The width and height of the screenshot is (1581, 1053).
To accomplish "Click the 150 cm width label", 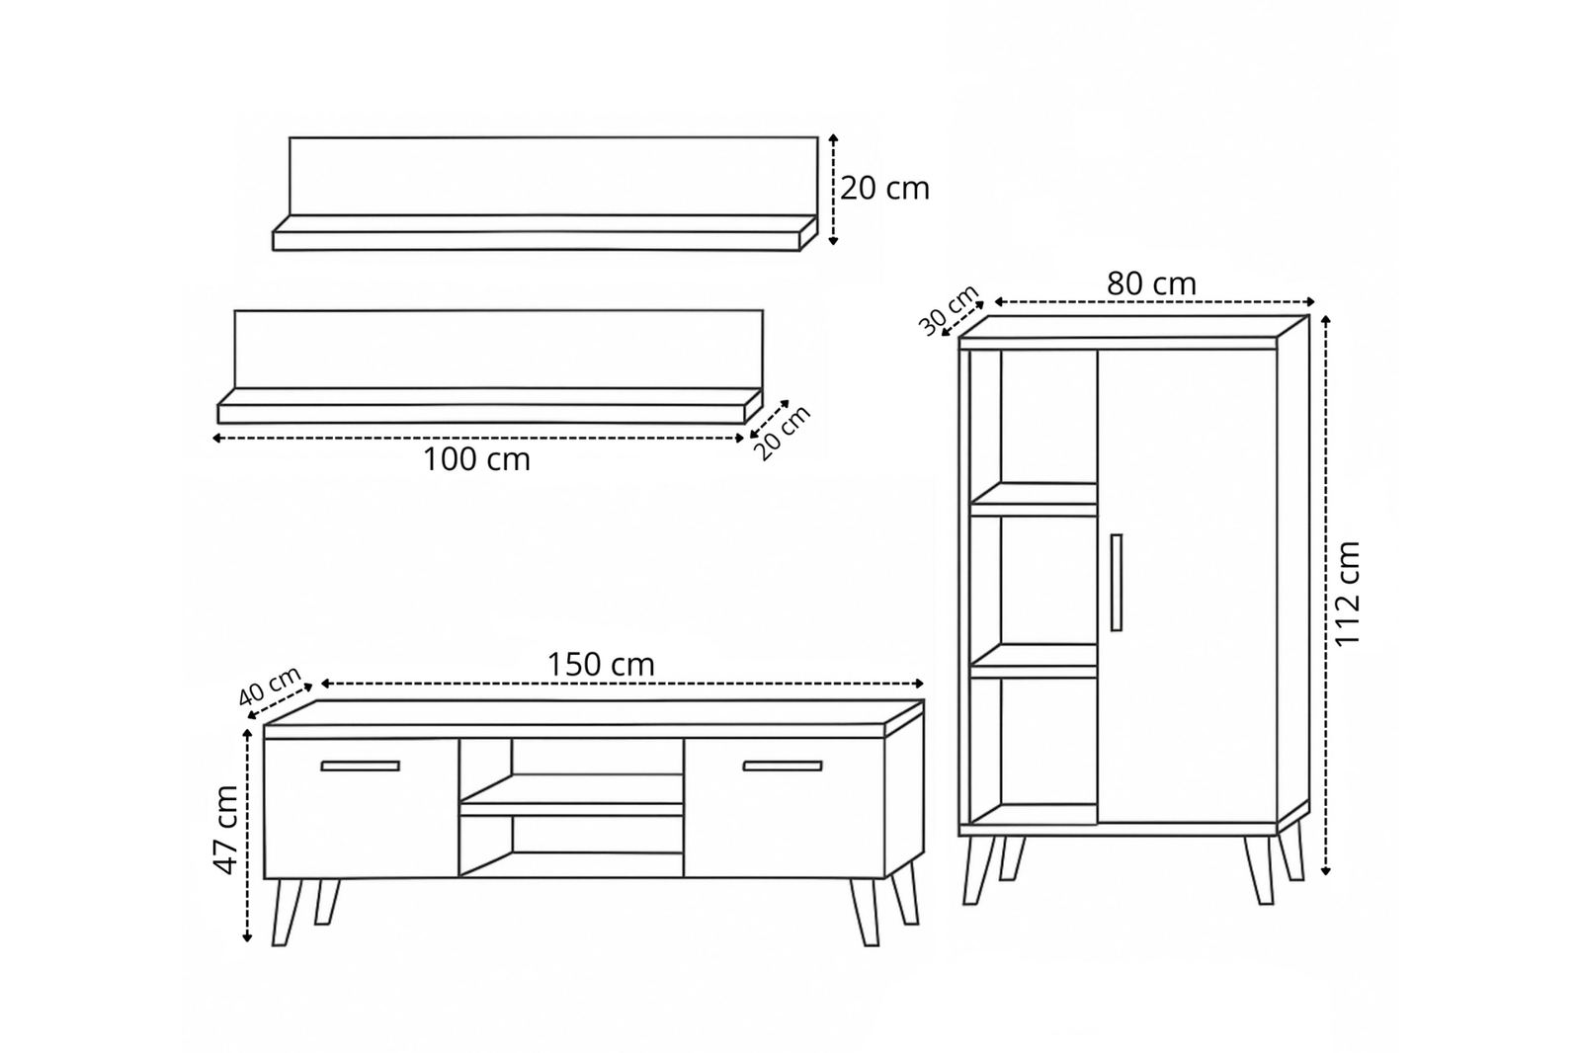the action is click(602, 665).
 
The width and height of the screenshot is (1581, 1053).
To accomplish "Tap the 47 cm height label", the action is click(226, 829).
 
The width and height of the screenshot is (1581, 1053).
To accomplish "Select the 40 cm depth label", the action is click(270, 686).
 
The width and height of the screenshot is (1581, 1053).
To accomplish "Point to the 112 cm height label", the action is click(1347, 593).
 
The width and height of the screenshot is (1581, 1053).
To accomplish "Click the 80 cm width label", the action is click(1151, 283).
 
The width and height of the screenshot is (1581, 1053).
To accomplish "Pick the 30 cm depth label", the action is click(950, 310).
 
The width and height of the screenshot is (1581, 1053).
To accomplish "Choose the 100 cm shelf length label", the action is click(476, 459).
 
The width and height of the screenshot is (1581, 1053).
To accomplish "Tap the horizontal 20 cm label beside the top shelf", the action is click(884, 189).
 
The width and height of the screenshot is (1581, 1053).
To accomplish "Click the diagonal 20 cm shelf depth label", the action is click(784, 434).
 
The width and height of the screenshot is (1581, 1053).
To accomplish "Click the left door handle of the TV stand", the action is click(360, 766).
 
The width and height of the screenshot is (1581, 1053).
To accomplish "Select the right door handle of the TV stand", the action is click(782, 766).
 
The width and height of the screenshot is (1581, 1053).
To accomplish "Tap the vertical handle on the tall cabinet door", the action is click(1116, 582).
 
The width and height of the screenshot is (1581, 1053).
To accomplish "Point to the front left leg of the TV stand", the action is click(287, 912).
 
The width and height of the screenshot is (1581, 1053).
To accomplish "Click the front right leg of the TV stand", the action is click(865, 912).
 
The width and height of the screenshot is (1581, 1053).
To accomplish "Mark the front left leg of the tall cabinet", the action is click(978, 870).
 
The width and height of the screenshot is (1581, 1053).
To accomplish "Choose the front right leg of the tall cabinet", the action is click(1259, 870).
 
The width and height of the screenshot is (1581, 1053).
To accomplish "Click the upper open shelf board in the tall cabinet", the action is click(1034, 499).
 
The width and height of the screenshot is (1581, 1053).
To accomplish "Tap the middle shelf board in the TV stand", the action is click(571, 795).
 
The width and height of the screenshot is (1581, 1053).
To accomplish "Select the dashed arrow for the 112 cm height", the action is click(1325, 596).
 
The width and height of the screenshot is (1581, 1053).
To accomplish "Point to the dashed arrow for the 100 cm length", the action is click(478, 439).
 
